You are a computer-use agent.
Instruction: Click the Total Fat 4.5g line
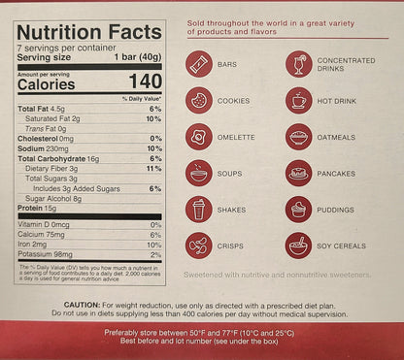(40, 109)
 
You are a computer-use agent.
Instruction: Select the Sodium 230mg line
(44, 147)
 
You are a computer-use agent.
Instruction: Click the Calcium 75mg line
(43, 235)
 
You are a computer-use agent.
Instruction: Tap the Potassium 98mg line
(47, 254)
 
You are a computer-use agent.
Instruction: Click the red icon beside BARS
(198, 64)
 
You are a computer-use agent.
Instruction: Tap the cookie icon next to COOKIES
(198, 100)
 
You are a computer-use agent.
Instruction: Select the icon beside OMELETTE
(198, 137)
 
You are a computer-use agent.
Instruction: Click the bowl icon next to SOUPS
(198, 173)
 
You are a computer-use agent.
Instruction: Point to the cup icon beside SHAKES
(198, 209)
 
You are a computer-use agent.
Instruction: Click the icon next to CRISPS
(198, 245)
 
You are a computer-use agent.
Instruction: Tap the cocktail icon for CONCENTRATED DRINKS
(298, 64)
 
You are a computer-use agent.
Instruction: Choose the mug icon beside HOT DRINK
(298, 100)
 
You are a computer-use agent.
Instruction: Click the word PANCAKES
(338, 174)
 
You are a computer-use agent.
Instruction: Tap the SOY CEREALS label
(342, 245)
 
